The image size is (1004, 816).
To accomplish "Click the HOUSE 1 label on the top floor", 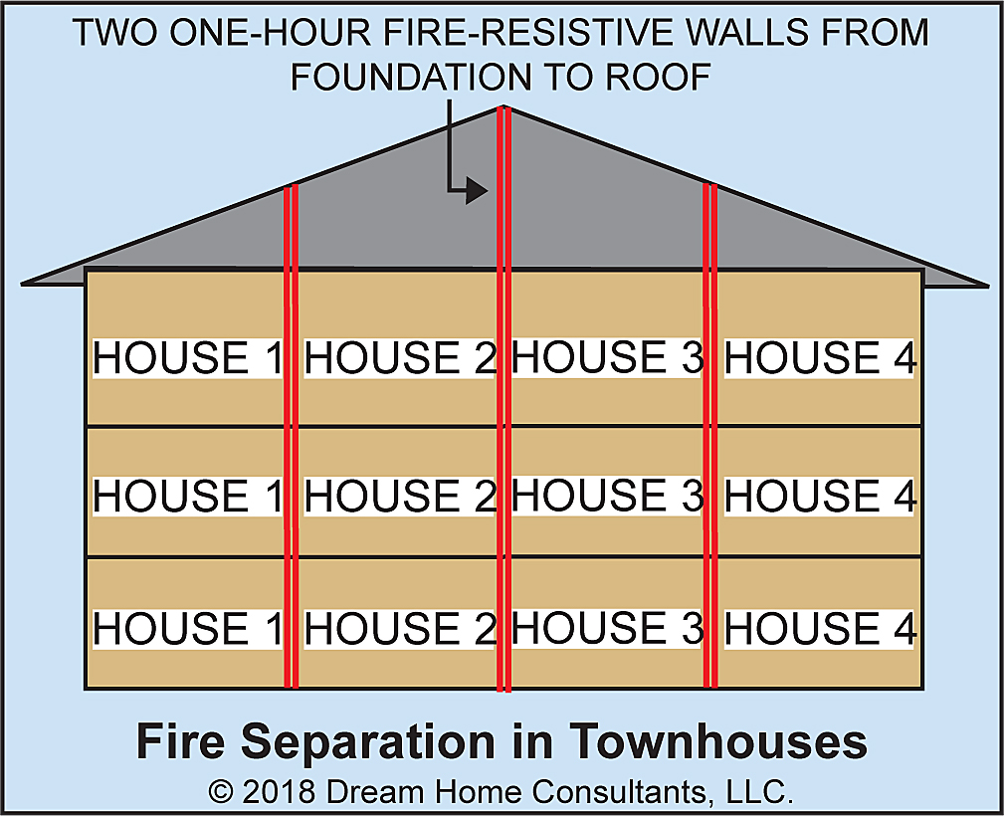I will (x=187, y=358).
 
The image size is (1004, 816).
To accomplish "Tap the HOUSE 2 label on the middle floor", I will (x=399, y=496).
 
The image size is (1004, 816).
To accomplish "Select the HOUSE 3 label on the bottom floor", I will (x=607, y=628).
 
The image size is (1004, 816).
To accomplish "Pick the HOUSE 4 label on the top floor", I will (x=820, y=358).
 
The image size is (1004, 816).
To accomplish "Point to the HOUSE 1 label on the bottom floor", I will (x=187, y=629).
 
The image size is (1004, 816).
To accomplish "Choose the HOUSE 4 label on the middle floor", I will (x=820, y=496).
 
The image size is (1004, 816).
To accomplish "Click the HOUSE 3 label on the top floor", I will (x=607, y=357).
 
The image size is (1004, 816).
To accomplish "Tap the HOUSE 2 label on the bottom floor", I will (x=399, y=629).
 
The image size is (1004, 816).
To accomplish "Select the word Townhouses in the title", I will (x=718, y=742).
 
